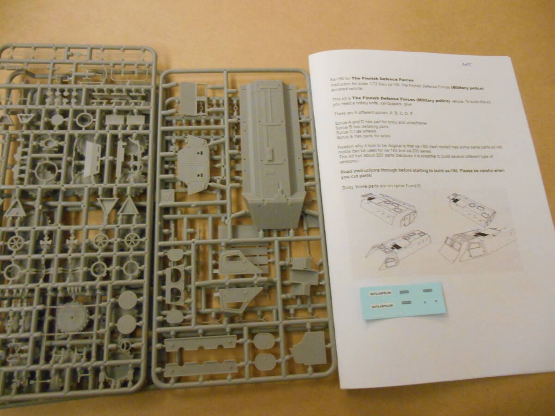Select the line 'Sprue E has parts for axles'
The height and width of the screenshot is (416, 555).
[x=364, y=137]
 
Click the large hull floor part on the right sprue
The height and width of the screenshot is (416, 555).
[x=273, y=153]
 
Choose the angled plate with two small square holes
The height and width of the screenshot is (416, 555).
[x=193, y=164]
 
